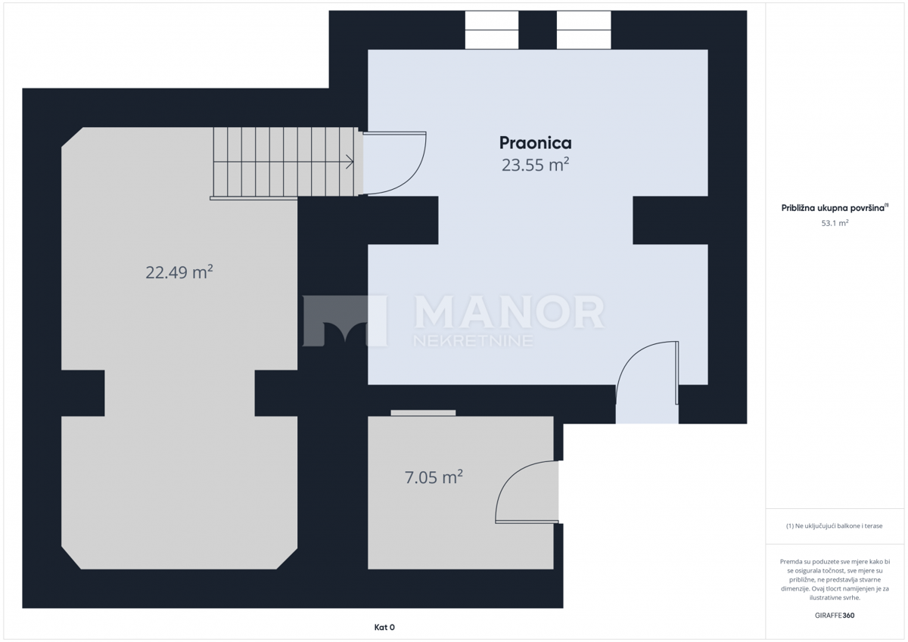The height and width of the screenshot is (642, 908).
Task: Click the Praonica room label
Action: [x=535, y=143]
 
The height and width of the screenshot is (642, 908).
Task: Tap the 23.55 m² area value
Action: [x=535, y=165]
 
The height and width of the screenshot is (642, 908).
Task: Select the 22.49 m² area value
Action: [x=179, y=272]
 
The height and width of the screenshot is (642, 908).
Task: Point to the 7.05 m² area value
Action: [x=434, y=477]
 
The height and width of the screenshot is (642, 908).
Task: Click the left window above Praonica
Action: [x=492, y=30]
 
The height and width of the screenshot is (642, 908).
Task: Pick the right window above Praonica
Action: [x=583, y=30]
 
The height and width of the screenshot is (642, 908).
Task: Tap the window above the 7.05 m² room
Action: [x=423, y=413]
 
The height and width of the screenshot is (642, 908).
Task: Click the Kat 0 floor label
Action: [x=384, y=628]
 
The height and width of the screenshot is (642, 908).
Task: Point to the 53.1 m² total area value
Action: [x=835, y=223]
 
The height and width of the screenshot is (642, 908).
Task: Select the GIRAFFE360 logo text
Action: [x=835, y=616]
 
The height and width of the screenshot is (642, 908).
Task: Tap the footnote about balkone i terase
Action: [x=835, y=526]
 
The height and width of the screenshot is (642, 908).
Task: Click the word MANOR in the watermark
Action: [x=508, y=312]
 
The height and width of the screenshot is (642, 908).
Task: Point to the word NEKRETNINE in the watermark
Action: [x=473, y=340]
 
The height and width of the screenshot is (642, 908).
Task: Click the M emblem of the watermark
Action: [x=344, y=321]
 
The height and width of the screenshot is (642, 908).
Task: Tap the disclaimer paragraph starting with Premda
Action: [x=835, y=580]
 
